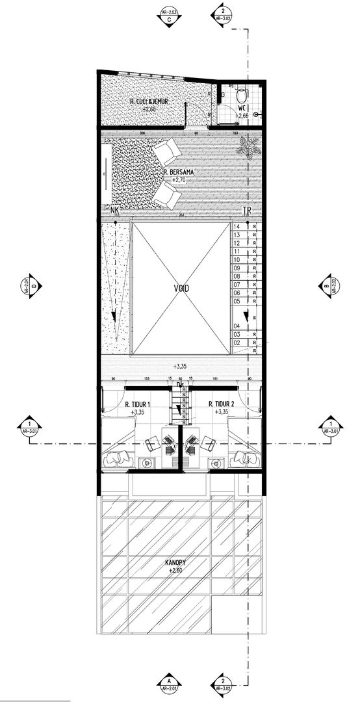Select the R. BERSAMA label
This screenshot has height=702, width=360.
[179, 172]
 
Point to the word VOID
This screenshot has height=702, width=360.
[181, 288]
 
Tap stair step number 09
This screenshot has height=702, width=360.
[237, 268]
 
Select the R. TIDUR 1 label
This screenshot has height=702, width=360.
[138, 404]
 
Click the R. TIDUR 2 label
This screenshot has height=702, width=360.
[222, 404]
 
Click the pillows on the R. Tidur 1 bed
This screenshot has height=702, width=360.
[119, 458]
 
